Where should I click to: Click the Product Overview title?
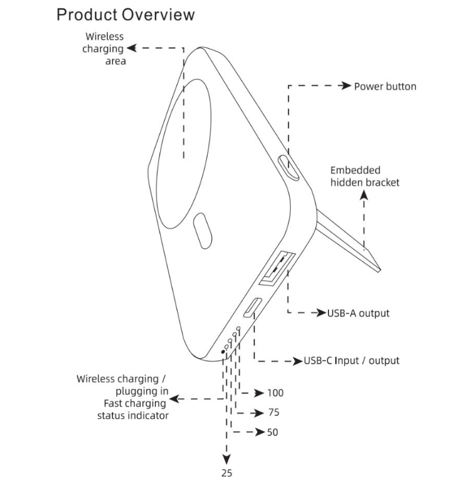[x=125, y=15]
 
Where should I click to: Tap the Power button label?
[x=385, y=87]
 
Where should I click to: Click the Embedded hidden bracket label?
[x=364, y=176]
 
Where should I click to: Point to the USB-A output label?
[x=358, y=313]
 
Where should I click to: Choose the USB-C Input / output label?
[x=351, y=360]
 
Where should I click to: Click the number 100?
[x=275, y=393]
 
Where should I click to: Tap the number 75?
[x=273, y=413]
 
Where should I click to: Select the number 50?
[x=272, y=433]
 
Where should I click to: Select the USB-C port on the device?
[x=254, y=308]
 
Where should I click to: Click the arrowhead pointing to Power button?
[x=346, y=86]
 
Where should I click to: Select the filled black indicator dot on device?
[x=223, y=351]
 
